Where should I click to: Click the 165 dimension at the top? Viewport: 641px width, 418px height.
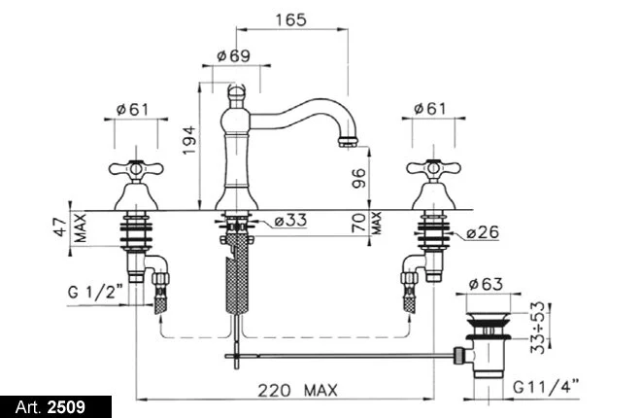point(290,19)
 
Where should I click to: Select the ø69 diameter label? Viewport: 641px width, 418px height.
point(233,55)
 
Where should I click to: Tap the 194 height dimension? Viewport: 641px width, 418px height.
point(188,140)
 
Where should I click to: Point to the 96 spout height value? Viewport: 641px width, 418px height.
point(358,178)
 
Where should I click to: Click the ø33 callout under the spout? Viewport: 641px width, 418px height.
point(290,220)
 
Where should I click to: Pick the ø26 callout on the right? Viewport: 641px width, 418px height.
point(483,232)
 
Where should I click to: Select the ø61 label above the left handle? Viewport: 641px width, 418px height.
point(133,109)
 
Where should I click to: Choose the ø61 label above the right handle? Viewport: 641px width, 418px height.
point(430,109)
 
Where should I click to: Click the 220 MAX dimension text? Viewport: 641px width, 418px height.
point(297,390)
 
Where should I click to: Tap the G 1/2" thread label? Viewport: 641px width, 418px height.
point(95,292)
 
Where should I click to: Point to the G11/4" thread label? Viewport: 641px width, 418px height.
point(546,386)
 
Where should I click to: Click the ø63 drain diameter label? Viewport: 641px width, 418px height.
point(486,284)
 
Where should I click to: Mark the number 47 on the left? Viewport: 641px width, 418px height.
point(61,227)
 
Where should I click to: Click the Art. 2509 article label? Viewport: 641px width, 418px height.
point(51,407)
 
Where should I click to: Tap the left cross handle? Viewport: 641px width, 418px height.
point(136,168)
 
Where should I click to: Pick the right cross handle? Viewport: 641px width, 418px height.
point(434,168)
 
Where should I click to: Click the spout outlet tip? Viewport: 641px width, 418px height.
point(348,142)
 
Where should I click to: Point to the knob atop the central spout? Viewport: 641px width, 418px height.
point(235,92)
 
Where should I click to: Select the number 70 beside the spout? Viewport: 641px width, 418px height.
point(358,223)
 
